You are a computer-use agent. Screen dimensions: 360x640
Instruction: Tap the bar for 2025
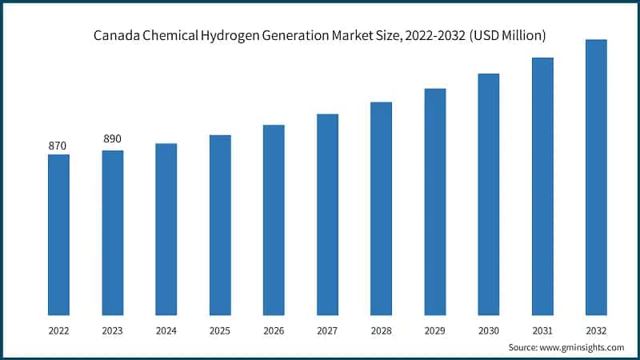click(220, 225)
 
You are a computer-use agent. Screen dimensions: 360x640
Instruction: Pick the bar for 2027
click(327, 214)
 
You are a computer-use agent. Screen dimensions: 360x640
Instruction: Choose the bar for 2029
click(434, 202)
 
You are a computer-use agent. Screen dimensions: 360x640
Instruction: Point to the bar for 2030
click(489, 194)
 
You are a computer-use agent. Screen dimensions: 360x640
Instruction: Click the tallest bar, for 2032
click(596, 177)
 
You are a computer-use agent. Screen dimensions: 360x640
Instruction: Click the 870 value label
click(58, 146)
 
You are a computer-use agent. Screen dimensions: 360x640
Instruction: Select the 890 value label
click(112, 139)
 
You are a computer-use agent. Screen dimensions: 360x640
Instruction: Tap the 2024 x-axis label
click(166, 329)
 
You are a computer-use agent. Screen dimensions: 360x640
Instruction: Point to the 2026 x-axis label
click(274, 329)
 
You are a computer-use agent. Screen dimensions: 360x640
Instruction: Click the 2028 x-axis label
click(381, 329)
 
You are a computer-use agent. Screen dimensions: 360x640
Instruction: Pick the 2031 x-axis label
click(542, 329)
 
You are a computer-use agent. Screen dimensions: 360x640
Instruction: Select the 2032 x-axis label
click(596, 329)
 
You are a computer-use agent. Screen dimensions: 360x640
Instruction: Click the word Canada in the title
click(115, 35)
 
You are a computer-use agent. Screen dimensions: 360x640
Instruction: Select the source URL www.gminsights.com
click(582, 347)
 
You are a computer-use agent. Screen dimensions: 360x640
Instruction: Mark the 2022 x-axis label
click(58, 329)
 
